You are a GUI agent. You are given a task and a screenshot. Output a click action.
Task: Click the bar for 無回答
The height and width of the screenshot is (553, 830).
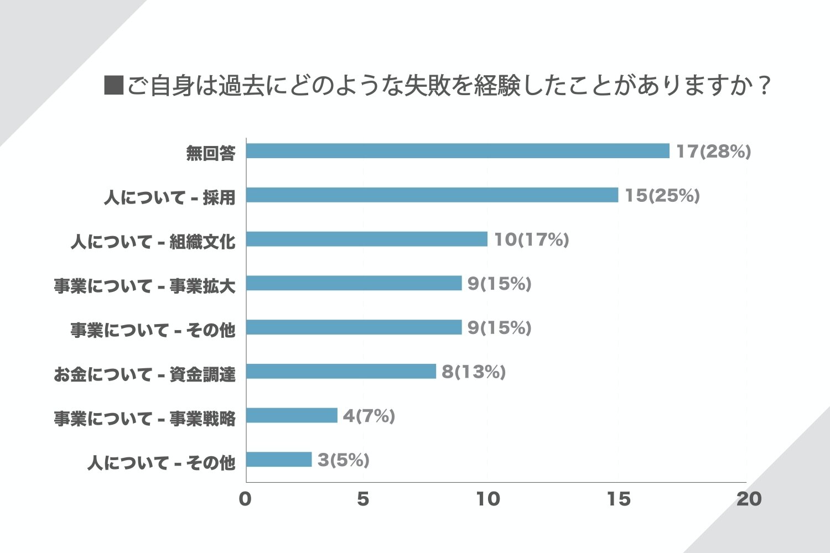coord(458,151)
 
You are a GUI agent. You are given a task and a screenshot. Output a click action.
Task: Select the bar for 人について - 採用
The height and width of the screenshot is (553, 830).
coord(432,195)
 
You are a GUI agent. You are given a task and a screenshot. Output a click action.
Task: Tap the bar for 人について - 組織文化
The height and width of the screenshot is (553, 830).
coord(367,239)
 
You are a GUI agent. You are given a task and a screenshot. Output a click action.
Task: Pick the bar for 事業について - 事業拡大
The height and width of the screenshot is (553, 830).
coord(354,283)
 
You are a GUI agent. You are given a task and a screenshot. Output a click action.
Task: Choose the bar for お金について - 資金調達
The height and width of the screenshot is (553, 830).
coord(341,372)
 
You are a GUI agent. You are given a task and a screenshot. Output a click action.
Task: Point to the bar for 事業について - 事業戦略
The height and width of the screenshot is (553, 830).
coord(292,415)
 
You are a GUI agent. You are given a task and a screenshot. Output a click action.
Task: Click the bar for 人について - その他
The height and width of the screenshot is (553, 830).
coord(279,460)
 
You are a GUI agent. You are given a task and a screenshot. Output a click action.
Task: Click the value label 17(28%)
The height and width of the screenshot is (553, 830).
coord(713,152)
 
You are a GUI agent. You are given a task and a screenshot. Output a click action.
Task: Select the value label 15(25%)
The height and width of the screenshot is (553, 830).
coord(662,196)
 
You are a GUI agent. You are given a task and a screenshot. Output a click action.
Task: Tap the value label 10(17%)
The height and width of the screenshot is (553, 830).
coord(531,239)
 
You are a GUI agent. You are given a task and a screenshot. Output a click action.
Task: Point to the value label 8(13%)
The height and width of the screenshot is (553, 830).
coord(474,372)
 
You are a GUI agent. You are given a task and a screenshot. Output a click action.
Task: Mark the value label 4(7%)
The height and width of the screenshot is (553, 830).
coord(369,416)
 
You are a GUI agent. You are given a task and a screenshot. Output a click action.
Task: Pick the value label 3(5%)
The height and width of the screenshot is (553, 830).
coord(343,460)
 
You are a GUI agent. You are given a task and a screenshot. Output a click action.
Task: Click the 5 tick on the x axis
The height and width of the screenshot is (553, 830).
coord(363,499)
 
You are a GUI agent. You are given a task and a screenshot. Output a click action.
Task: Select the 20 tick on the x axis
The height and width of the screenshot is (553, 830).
coord(749,499)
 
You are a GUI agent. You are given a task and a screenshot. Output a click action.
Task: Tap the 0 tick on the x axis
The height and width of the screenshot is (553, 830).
coord(245,499)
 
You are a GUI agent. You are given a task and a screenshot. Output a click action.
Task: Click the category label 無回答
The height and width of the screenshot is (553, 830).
coord(211,153)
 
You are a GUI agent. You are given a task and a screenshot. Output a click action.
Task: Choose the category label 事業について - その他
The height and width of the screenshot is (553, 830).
coord(153,330)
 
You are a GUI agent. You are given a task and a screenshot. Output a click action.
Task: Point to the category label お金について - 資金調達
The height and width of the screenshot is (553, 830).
coord(144,374)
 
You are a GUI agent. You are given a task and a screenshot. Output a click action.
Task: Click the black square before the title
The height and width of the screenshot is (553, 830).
coord(113,85)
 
